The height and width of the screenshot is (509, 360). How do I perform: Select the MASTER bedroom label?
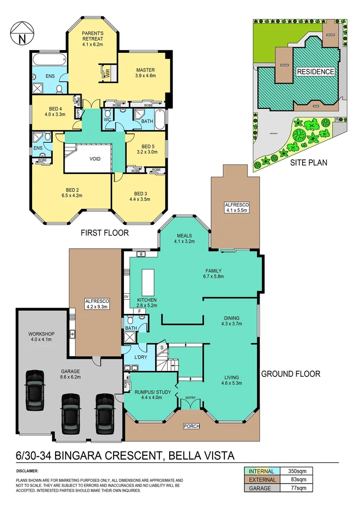(146, 70)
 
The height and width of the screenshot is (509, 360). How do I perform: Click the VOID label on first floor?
(95, 159)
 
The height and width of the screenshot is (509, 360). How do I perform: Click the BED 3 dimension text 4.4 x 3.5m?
(140, 199)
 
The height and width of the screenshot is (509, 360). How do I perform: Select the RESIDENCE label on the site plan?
(315, 72)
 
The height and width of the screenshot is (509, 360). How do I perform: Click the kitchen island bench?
(148, 281)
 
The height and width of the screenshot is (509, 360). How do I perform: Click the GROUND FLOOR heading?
(291, 374)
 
